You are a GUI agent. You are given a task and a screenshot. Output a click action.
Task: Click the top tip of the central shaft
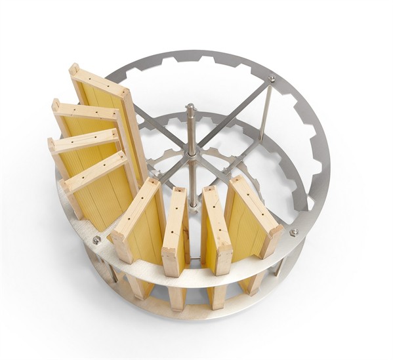[190, 107]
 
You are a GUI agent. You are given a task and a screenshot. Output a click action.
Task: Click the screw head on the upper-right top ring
[271, 79]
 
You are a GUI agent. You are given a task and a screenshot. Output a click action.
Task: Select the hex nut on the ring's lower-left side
[97, 241]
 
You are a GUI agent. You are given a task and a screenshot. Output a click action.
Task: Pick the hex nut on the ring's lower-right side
[293, 232]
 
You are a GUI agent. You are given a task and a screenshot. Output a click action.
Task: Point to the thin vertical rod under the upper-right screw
[265, 111]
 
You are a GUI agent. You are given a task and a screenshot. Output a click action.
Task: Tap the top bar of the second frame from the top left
[86, 112]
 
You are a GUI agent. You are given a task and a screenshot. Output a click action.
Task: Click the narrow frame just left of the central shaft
[175, 230]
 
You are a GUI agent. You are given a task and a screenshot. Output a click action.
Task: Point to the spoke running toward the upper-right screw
[233, 115]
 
